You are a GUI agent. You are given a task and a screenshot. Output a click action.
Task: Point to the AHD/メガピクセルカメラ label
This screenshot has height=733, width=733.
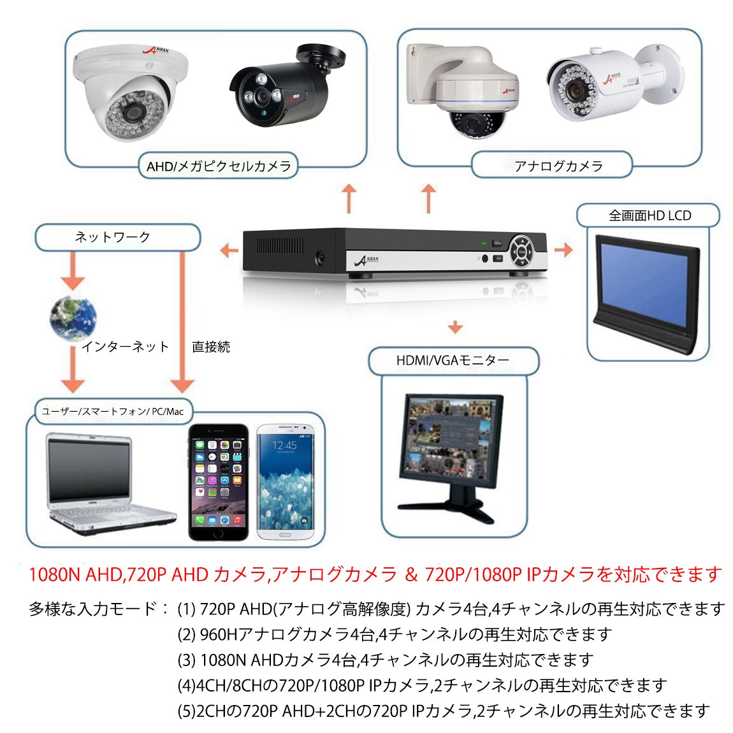tap(219, 166)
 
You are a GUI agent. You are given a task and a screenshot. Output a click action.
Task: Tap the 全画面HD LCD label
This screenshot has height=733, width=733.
tap(649, 215)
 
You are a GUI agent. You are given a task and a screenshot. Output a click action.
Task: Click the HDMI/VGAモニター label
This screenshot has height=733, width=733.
tap(453, 361)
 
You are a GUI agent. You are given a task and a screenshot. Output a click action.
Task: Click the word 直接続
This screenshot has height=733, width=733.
tap(211, 347)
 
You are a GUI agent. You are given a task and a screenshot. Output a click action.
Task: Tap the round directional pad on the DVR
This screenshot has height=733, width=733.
tap(522, 250)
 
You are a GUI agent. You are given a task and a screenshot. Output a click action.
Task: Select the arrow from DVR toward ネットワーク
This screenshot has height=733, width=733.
tap(228, 250)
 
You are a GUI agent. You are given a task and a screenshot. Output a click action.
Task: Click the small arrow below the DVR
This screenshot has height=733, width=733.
tap(454, 327)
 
